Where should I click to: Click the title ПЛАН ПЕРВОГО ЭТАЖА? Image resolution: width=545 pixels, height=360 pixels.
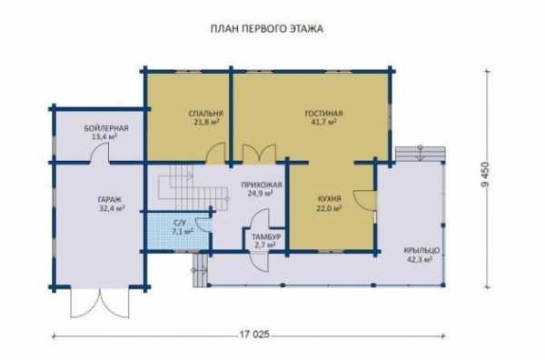click(x=267, y=28)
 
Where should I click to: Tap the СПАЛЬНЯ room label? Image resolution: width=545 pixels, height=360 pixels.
click(x=206, y=114)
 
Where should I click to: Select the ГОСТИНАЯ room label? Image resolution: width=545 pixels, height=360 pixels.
click(x=324, y=114)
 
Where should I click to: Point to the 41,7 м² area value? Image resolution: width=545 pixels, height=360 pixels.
click(x=323, y=122)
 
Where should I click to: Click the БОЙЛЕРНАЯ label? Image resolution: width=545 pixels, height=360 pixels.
click(x=106, y=128)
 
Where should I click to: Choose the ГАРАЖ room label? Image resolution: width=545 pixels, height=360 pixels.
click(x=110, y=200)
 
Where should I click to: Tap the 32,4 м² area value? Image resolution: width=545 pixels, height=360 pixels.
click(x=112, y=208)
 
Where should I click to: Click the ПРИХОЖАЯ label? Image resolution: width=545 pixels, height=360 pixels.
click(x=262, y=185)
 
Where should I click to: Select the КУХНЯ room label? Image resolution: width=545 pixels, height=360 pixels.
click(x=330, y=199)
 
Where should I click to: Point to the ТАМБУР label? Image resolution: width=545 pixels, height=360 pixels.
click(x=266, y=237)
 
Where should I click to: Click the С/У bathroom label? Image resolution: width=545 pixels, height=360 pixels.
click(x=180, y=223)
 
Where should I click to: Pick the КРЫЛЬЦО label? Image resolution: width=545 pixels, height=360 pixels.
click(x=421, y=250)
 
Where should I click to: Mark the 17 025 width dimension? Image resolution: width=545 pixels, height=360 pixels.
click(x=254, y=335)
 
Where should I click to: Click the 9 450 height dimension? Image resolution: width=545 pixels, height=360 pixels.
click(x=485, y=175)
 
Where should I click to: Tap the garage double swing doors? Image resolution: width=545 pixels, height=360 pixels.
click(x=100, y=302)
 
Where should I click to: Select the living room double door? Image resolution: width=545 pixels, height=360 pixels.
click(x=259, y=154)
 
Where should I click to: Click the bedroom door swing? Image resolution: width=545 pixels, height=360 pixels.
click(x=215, y=153)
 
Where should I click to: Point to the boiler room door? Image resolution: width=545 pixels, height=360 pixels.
click(x=100, y=153)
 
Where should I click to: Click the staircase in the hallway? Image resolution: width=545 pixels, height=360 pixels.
click(x=193, y=187)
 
